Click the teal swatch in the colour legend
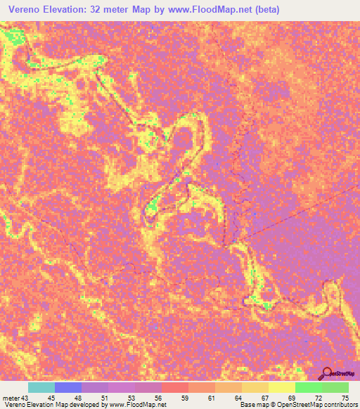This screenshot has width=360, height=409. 41,387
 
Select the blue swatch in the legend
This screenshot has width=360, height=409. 68,387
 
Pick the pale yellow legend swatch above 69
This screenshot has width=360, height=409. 281,387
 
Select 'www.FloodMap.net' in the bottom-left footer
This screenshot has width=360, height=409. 136,405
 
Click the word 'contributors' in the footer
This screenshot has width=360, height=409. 334,405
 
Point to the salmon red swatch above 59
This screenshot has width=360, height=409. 175,387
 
